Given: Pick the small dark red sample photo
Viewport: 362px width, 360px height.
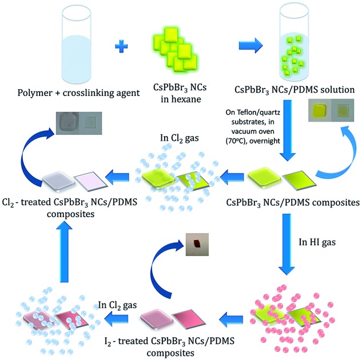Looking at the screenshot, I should [x=197, y=245].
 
